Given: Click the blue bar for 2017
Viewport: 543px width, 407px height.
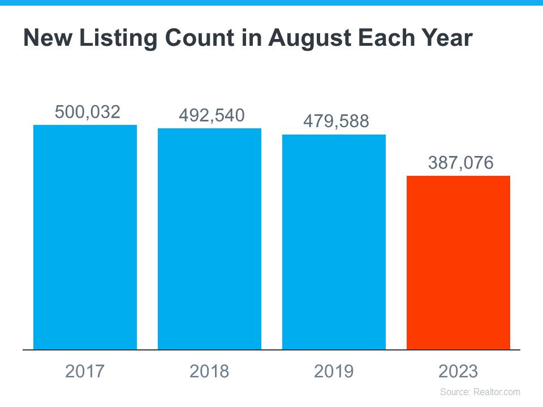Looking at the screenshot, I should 85,237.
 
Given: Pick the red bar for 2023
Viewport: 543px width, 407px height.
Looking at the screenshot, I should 458,263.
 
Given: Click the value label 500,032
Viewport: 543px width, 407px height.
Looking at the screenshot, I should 88,112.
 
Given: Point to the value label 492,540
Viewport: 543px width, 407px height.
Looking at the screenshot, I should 212,115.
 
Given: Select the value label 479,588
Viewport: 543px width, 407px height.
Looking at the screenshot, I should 336,122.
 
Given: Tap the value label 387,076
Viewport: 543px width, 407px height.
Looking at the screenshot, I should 460,163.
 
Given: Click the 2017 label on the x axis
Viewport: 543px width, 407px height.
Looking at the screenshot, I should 85,371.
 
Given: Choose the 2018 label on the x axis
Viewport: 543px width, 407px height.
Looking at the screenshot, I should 209,371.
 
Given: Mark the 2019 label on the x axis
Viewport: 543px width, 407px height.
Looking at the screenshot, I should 334,371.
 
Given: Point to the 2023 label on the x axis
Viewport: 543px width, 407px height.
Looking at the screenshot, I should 458,371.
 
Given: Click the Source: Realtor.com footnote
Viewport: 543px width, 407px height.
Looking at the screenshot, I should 480,392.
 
